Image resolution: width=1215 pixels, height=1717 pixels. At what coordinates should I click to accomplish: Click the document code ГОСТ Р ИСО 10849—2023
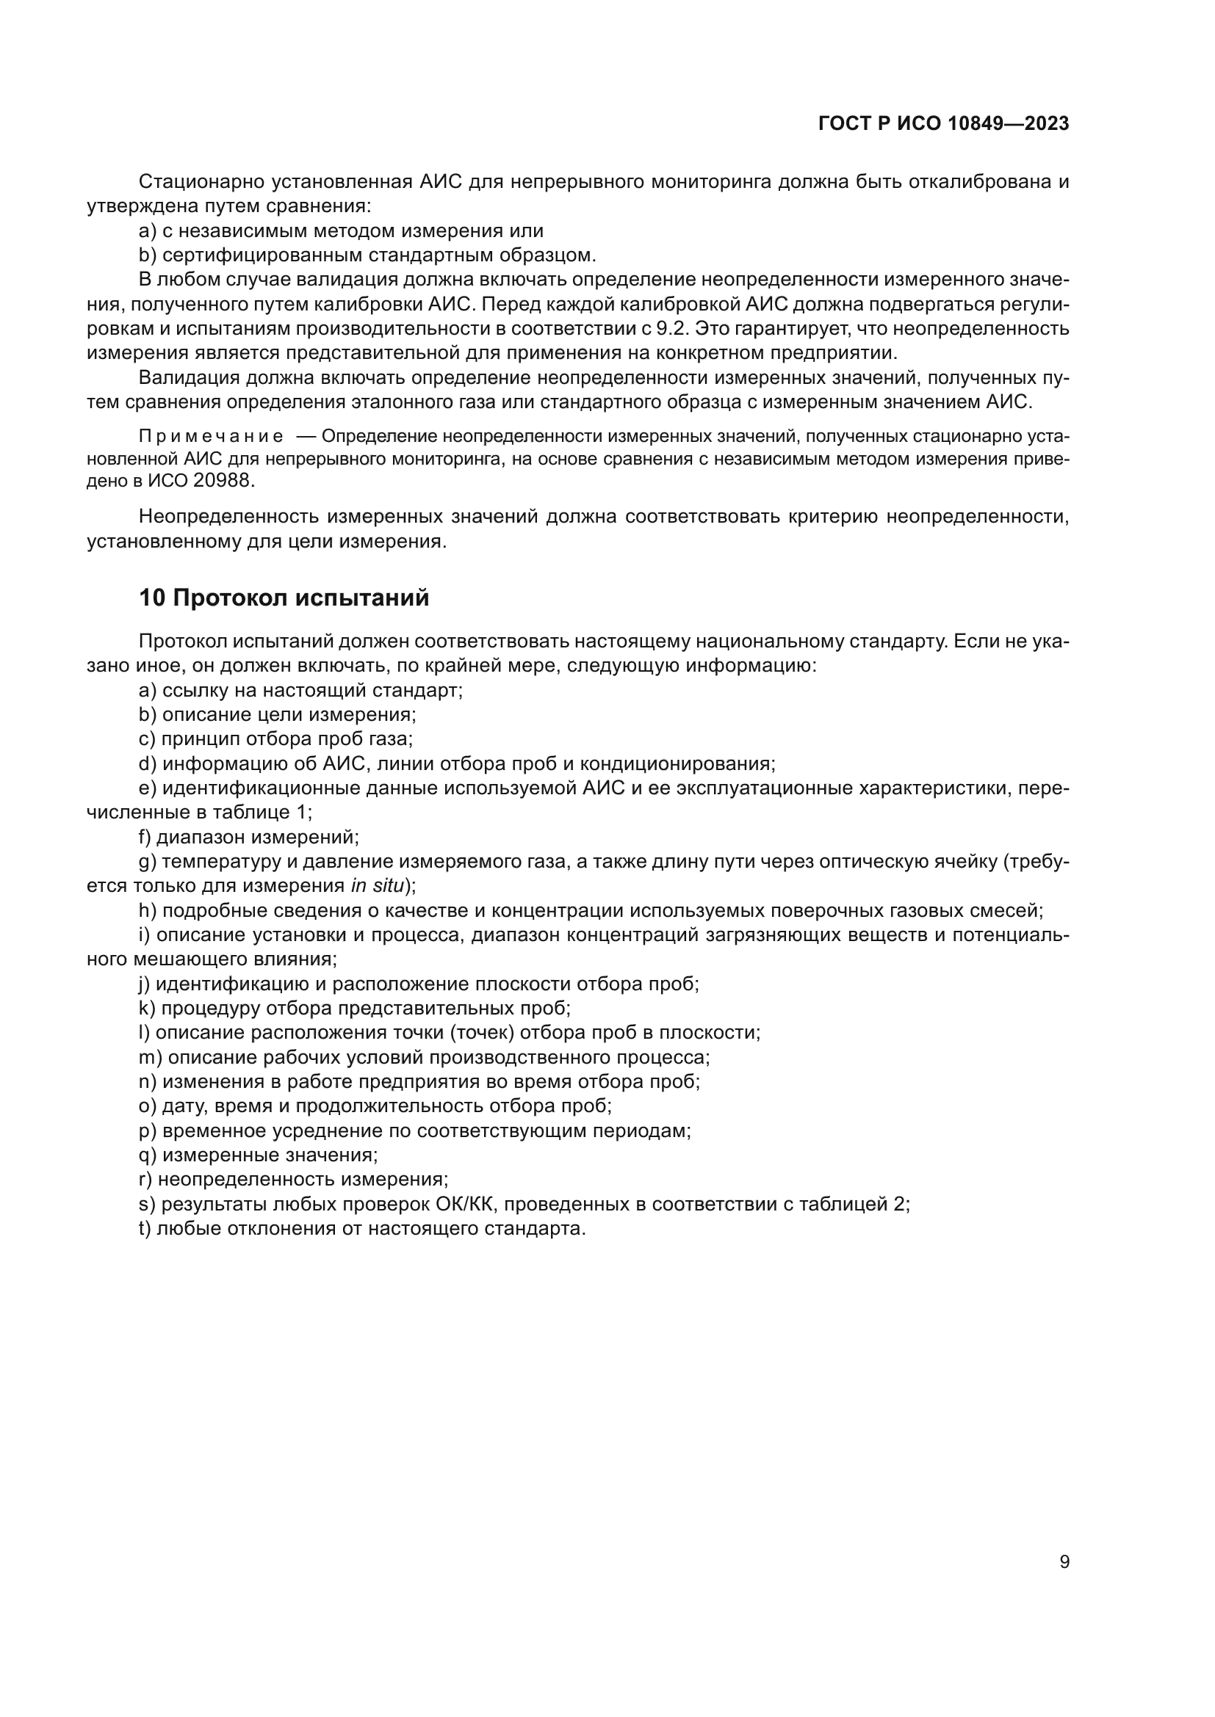(x=943, y=123)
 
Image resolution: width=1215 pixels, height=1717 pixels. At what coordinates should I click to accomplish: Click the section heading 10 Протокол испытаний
(x=284, y=598)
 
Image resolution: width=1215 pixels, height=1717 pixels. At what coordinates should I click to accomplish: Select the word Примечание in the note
(x=211, y=437)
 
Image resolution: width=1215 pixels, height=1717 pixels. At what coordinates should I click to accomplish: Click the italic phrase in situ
(x=377, y=886)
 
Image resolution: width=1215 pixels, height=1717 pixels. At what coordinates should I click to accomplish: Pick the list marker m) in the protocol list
(x=151, y=1057)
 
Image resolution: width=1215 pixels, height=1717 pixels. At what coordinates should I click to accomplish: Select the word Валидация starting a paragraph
(x=187, y=378)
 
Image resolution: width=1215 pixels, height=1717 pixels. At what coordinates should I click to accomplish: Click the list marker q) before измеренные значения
(x=148, y=1155)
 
